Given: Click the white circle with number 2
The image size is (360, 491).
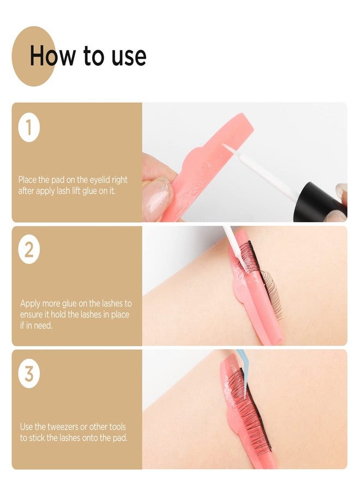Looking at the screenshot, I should pyautogui.click(x=28, y=251).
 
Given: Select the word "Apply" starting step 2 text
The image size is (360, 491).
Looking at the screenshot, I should pyautogui.click(x=31, y=303).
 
